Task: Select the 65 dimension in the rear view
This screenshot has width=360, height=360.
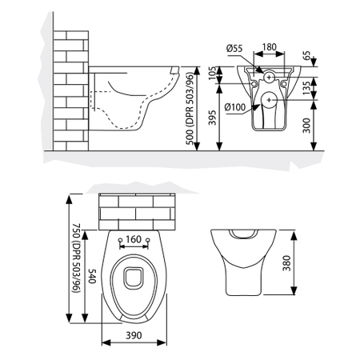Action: point(329,58)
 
